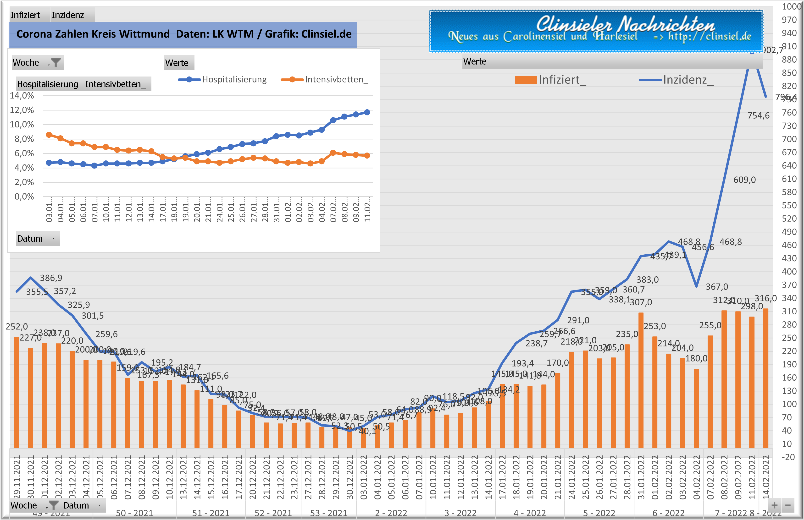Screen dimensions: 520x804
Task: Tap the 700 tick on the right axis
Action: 789,139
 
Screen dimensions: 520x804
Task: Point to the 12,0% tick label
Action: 22,110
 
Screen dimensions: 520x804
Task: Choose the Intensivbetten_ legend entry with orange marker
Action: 325,80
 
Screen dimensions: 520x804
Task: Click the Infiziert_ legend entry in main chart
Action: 551,80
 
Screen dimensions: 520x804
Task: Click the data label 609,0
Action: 744,180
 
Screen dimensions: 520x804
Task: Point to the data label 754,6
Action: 758,116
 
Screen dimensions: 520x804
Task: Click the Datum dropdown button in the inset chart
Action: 53,239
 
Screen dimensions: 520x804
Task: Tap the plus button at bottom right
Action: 774,505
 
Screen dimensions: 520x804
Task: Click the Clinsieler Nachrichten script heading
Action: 625,24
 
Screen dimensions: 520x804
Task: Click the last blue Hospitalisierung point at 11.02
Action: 367,112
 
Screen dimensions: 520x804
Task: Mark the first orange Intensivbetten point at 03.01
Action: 49,135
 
